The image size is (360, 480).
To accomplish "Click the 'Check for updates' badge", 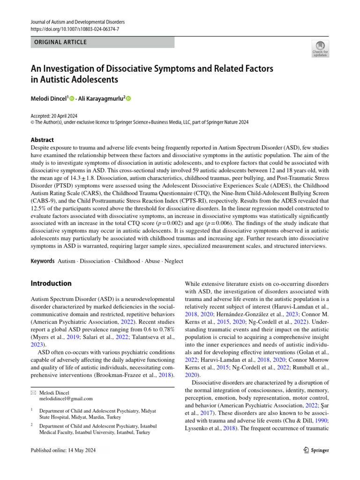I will [x=320, y=49].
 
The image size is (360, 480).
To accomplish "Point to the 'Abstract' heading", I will [x=42, y=140].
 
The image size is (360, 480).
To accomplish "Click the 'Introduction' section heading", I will [x=51, y=283].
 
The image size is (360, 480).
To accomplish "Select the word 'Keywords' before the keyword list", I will [x=42, y=261].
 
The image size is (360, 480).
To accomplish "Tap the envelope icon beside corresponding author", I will [x=33, y=391].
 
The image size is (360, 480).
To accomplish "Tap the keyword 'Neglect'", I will [x=173, y=261].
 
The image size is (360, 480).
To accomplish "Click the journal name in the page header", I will [x=78, y=22].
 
